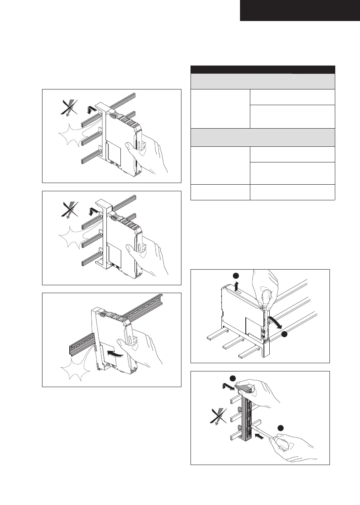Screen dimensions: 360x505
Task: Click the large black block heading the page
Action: pyautogui.click(x=299, y=10)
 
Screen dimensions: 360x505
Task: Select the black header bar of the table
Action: pyautogui.click(x=263, y=69)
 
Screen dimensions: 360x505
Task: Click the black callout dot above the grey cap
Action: pyautogui.click(x=233, y=378)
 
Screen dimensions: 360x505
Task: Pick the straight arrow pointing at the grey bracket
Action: pyautogui.click(x=260, y=434)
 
